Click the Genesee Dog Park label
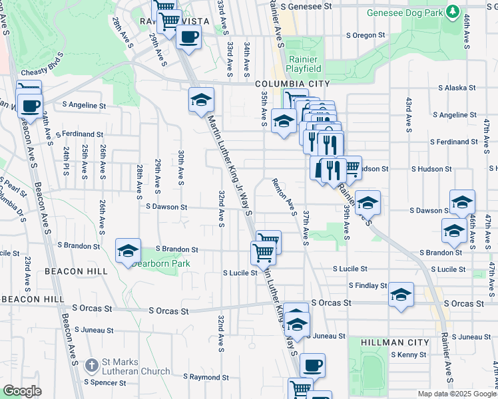(404, 13)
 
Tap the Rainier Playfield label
(304, 63)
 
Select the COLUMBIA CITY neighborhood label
(292, 83)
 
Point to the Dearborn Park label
(160, 263)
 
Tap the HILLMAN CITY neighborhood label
(395, 342)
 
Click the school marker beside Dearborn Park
(128, 251)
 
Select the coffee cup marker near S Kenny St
(312, 365)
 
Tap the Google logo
(23, 391)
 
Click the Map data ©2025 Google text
(457, 394)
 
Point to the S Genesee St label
(306, 5)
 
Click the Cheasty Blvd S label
(43, 72)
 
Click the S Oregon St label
(365, 35)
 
